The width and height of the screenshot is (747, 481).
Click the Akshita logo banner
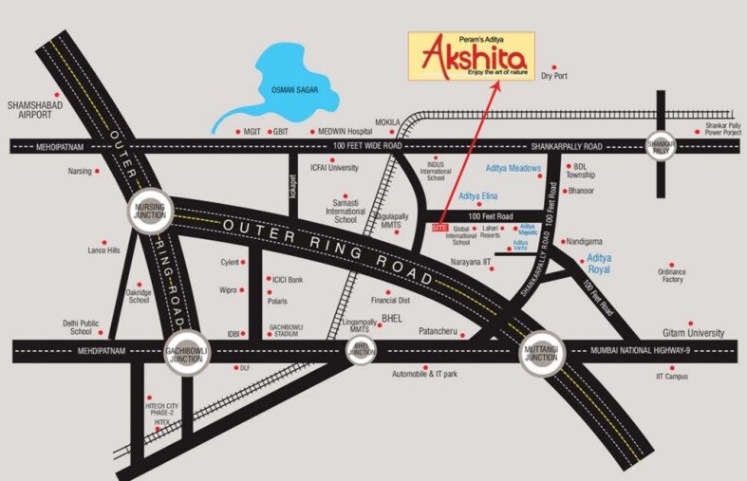[x=471, y=56]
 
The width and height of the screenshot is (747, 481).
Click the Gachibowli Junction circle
[x=186, y=350]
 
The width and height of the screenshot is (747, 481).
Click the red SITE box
[x=439, y=228]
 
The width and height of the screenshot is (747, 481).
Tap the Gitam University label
[x=693, y=334]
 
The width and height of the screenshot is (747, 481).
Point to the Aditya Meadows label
[x=513, y=169]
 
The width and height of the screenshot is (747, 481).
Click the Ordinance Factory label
[x=672, y=275]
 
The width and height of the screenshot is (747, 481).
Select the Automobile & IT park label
[x=425, y=375]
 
